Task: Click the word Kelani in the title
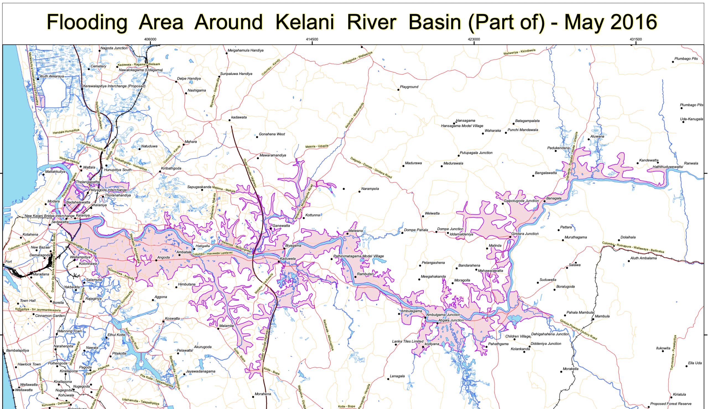(305, 22)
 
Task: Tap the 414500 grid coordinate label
(312, 39)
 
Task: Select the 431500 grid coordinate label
(636, 39)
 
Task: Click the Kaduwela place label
(288, 259)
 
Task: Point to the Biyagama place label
(293, 246)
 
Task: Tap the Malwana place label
(356, 231)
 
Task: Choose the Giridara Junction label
(525, 234)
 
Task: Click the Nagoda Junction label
(114, 48)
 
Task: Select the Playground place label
(409, 87)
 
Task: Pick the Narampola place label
(370, 189)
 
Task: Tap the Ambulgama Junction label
(443, 315)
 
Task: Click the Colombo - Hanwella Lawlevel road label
(212, 254)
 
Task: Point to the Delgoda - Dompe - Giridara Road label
(371, 168)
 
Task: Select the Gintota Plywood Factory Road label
(578, 330)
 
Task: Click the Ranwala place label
(691, 163)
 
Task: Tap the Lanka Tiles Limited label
(407, 341)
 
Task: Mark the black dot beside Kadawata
(230, 120)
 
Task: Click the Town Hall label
(28, 301)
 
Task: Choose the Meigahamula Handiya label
(246, 50)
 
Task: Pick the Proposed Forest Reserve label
(671, 404)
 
